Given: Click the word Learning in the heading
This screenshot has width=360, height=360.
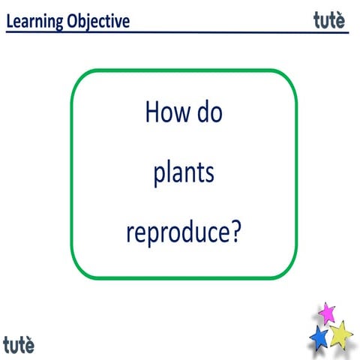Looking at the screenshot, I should pyautogui.click(x=34, y=21).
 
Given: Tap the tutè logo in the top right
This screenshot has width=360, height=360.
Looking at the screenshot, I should pyautogui.click(x=330, y=20).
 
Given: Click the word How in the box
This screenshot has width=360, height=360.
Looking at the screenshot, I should pyautogui.click(x=163, y=114).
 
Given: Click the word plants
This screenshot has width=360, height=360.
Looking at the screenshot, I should pyautogui.click(x=184, y=175).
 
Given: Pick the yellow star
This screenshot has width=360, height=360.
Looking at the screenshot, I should pyautogui.click(x=341, y=333).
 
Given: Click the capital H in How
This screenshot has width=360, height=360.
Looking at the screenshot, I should pyautogui.click(x=151, y=114).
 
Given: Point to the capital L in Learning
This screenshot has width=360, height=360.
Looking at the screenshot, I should pyautogui.click(x=10, y=21).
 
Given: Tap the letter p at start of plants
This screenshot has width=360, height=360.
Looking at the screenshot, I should pyautogui.click(x=159, y=177).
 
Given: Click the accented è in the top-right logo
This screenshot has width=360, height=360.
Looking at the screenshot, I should pyautogui.click(x=341, y=20).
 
